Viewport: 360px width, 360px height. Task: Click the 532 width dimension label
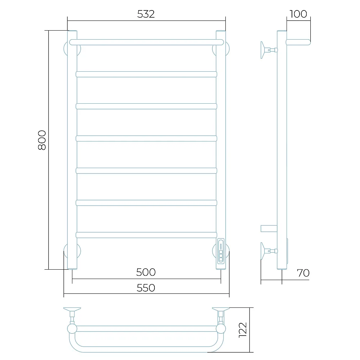[146, 14]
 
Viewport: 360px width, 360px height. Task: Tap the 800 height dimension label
[42, 140]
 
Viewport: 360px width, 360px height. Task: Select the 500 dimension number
[146, 272]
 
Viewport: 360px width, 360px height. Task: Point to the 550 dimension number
[146, 288]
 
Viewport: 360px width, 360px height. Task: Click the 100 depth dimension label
[298, 14]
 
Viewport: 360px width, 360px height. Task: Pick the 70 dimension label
[303, 273]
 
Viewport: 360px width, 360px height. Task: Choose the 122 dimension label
[243, 330]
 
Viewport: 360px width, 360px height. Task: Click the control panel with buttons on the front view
[221, 251]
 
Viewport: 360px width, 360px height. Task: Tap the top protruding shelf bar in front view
[147, 42]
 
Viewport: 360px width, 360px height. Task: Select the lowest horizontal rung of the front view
[147, 235]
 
